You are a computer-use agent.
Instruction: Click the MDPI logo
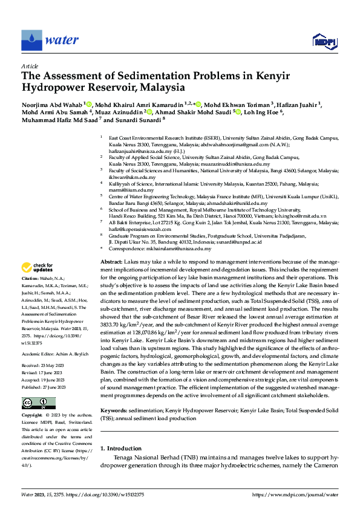pos(324,41)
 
